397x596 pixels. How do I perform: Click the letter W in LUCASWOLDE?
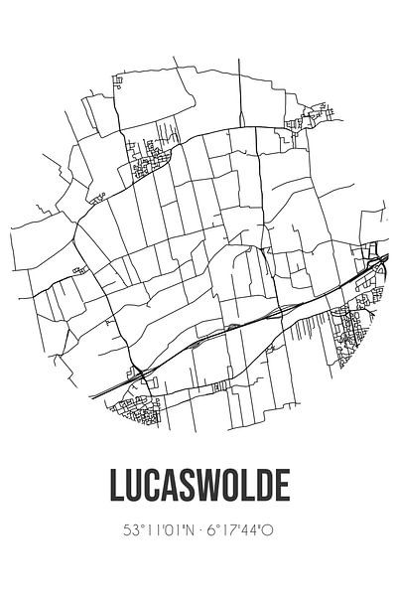[222, 488]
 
